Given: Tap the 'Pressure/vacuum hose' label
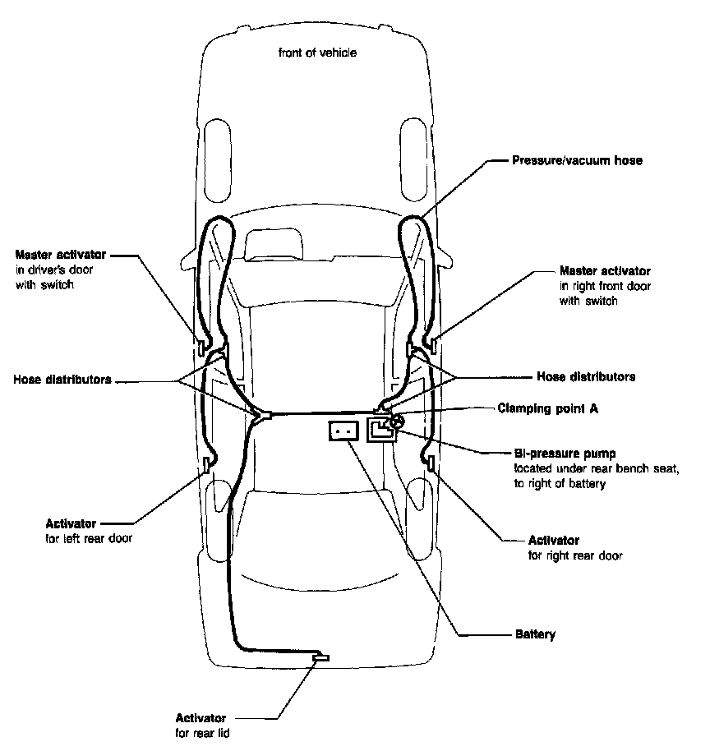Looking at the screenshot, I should pos(577,161).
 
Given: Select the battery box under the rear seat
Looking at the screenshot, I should pos(344,431).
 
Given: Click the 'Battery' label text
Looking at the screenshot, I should pos(535,634).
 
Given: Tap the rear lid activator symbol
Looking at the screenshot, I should pos(320,657).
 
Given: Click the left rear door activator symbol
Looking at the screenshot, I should pos(206,467).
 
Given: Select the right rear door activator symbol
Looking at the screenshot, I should pos(431,464).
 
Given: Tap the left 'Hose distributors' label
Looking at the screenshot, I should pos(62,380).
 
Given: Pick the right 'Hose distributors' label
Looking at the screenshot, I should pos(586,377).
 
